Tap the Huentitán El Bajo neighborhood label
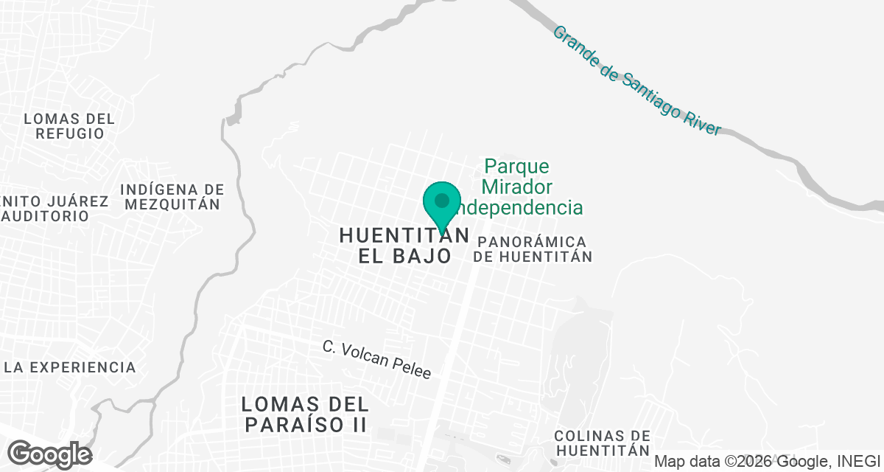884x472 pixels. pos(404,246)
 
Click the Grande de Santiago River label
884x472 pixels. pos(636,80)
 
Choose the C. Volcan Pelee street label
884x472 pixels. pos(376,359)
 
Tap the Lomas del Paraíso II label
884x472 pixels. pos(305,414)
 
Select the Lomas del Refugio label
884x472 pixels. pos(69,126)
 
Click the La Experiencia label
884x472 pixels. pos(70,367)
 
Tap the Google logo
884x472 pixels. pos(50,454)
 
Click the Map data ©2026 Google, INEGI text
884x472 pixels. pos(767,462)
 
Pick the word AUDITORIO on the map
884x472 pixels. pos(45,216)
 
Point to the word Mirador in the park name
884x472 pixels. pos(517,187)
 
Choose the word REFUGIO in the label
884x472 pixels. pos(70,133)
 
